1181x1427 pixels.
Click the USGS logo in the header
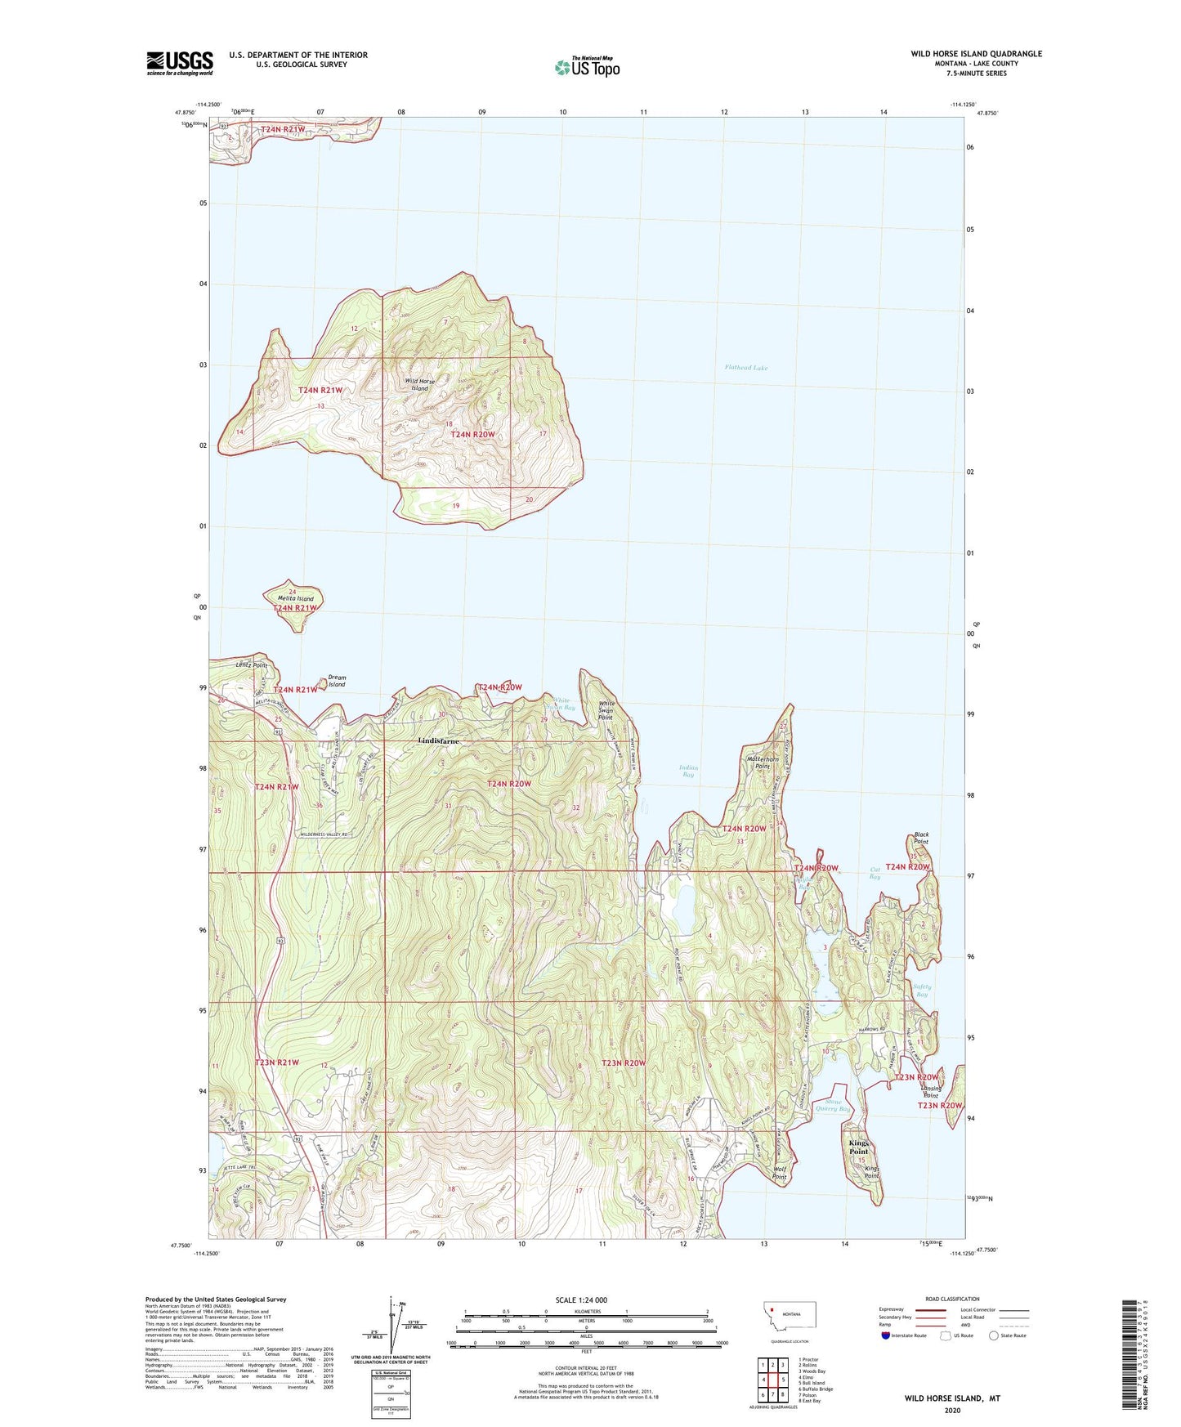[x=179, y=63]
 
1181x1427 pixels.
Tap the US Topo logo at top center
[x=586, y=67]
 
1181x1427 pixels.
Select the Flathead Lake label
[x=745, y=368]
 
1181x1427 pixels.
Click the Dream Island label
[x=337, y=680]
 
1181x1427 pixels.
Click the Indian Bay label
[x=688, y=771]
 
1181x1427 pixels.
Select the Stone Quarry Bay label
[x=833, y=1105]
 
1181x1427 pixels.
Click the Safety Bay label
[x=922, y=990]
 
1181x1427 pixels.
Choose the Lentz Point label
[x=251, y=665]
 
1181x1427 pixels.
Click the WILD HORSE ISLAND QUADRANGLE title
[x=976, y=54]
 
